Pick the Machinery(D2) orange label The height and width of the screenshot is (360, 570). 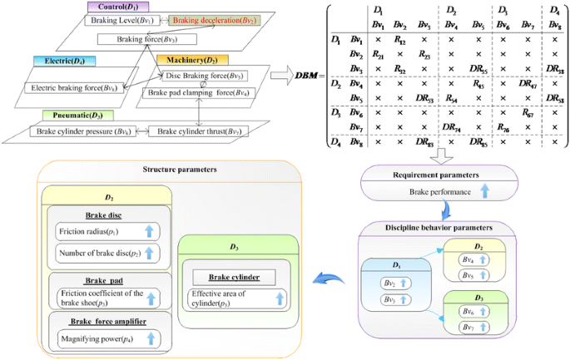coord(192,61)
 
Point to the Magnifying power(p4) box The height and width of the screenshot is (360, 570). coord(106,338)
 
